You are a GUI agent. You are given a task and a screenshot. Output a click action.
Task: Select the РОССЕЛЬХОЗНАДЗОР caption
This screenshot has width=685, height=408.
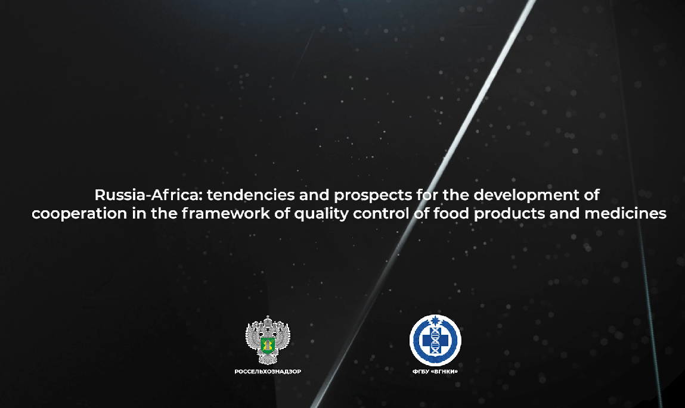[268, 372]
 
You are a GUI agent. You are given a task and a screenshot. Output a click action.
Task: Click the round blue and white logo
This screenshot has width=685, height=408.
[435, 340]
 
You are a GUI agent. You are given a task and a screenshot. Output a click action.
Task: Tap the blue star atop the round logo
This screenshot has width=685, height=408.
[435, 321]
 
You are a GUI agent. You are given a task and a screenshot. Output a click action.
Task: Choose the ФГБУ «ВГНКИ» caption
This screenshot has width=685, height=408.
[435, 372]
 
